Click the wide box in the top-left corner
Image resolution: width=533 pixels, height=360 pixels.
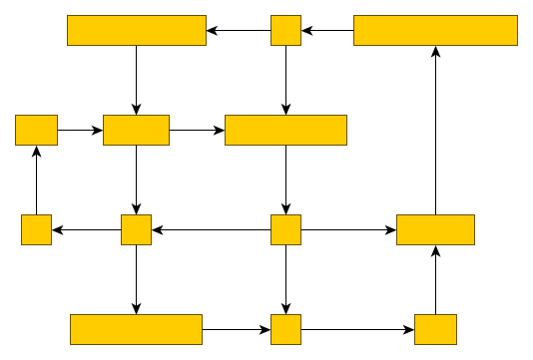[136, 30]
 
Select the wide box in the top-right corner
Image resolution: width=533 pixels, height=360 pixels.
[435, 30]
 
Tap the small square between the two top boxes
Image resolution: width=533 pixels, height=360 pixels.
[285, 30]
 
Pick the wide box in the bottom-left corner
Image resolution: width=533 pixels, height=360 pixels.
[136, 329]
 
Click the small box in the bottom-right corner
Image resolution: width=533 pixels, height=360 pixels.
[435, 329]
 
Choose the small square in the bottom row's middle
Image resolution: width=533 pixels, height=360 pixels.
[285, 329]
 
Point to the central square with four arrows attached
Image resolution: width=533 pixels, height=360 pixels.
[285, 229]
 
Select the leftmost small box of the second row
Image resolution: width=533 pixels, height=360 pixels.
[36, 130]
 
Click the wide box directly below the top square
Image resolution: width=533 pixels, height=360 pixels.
[285, 130]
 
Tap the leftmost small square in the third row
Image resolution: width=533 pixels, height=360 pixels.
[36, 229]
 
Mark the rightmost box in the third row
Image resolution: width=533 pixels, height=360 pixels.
[435, 229]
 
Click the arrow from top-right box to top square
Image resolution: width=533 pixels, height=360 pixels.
[327, 30]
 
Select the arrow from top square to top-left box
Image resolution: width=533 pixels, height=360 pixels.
[239, 30]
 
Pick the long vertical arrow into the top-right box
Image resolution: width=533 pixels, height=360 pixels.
[435, 130]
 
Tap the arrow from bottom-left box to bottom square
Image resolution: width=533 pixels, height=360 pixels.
[237, 329]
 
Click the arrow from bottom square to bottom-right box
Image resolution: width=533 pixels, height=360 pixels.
[357, 329]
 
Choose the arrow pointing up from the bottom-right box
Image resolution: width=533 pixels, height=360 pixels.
[435, 279]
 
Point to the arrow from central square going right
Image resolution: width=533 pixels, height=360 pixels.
[348, 229]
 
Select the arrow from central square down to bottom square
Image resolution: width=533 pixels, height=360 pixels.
[285, 279]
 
